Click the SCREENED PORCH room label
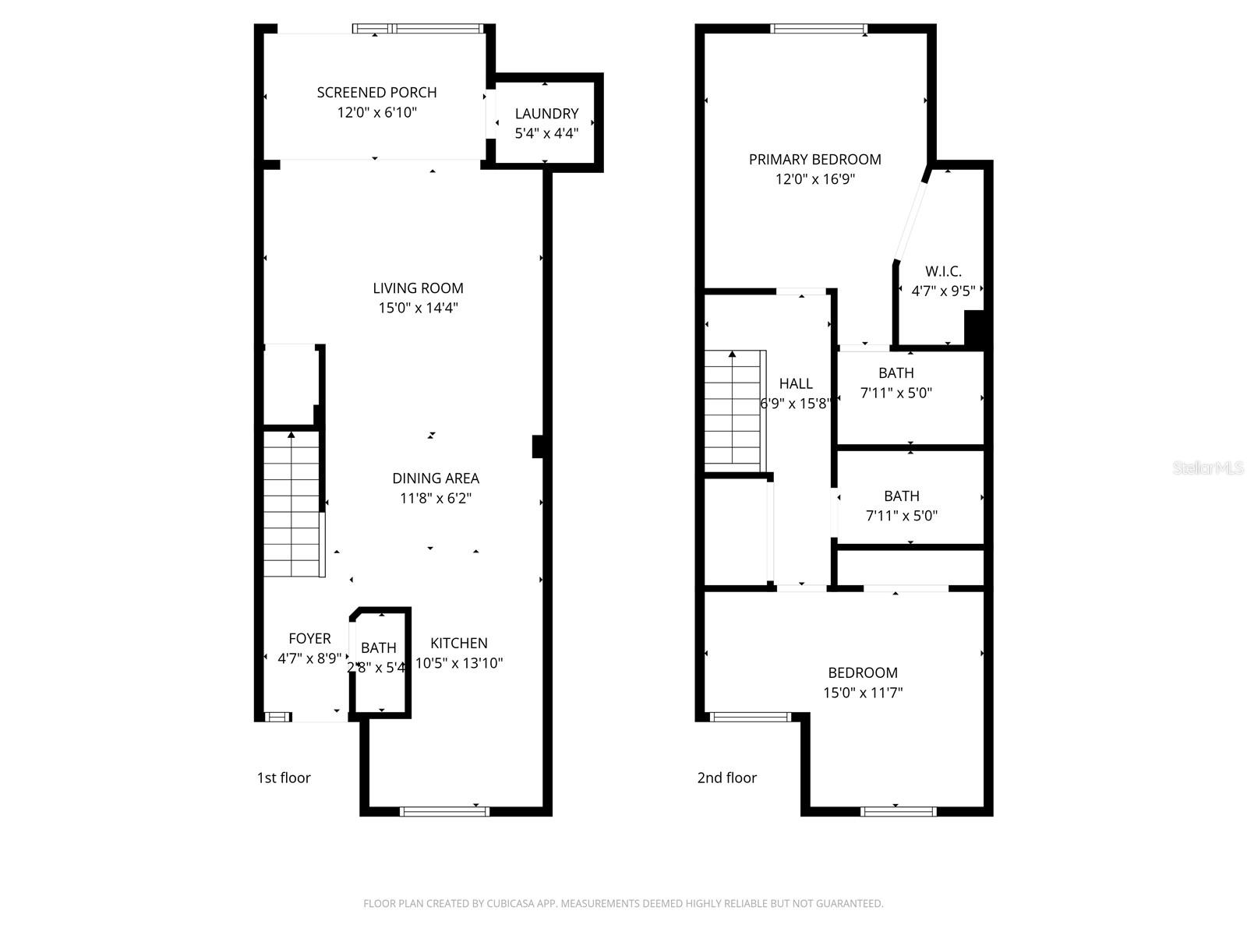[376, 92]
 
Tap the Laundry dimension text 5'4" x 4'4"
[546, 133]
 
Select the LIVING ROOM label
[418, 288]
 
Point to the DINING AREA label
[435, 478]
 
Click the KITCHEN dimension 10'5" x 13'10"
[459, 663]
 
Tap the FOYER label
[309, 638]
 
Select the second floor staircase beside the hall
[732, 411]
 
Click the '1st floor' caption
[284, 778]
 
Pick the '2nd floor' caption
[726, 778]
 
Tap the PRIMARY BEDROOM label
[814, 159]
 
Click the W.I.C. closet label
[943, 271]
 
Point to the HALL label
[796, 383]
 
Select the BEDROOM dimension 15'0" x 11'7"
[863, 693]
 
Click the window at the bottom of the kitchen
[444, 811]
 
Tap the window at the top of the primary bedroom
[818, 30]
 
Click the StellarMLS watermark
[1208, 467]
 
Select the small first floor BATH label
[378, 647]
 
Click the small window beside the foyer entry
[277, 717]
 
